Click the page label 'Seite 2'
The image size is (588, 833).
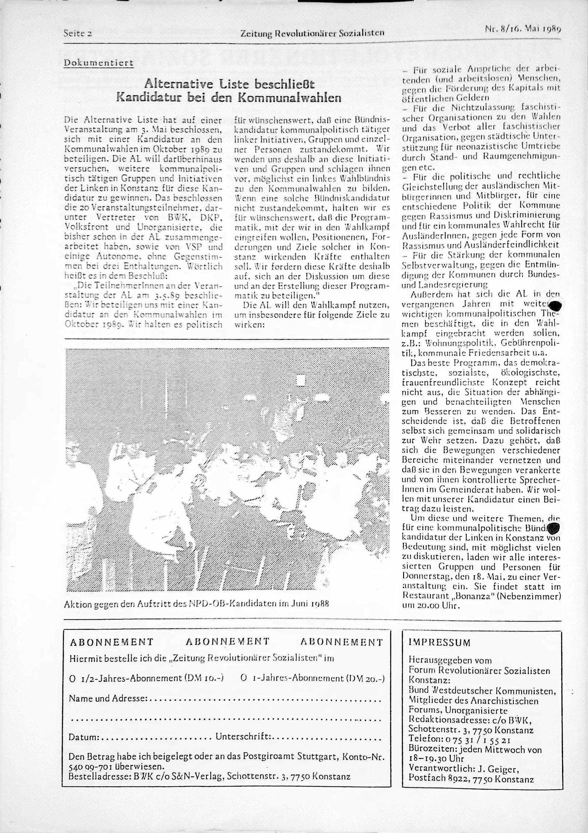78,33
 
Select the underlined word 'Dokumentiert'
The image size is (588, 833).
99,62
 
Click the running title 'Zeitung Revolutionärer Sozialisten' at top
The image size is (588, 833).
312,33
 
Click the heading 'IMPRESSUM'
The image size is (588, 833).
439,642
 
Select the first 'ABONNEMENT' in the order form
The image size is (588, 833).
111,642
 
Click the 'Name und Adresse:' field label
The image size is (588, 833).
108,698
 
